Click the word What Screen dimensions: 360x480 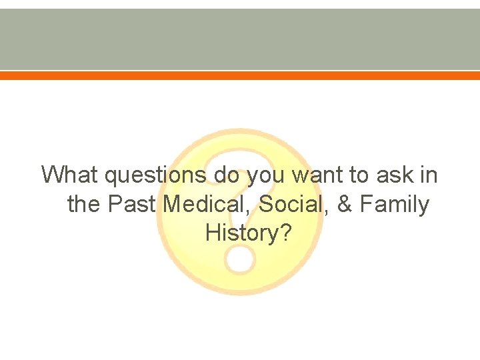tap(70, 175)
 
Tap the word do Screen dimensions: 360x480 tap(227, 175)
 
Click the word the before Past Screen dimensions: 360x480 tap(83, 205)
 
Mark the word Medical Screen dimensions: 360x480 tap(207, 205)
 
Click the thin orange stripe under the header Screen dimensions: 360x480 tap(240, 76)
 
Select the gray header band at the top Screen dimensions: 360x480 tap(240, 39)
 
